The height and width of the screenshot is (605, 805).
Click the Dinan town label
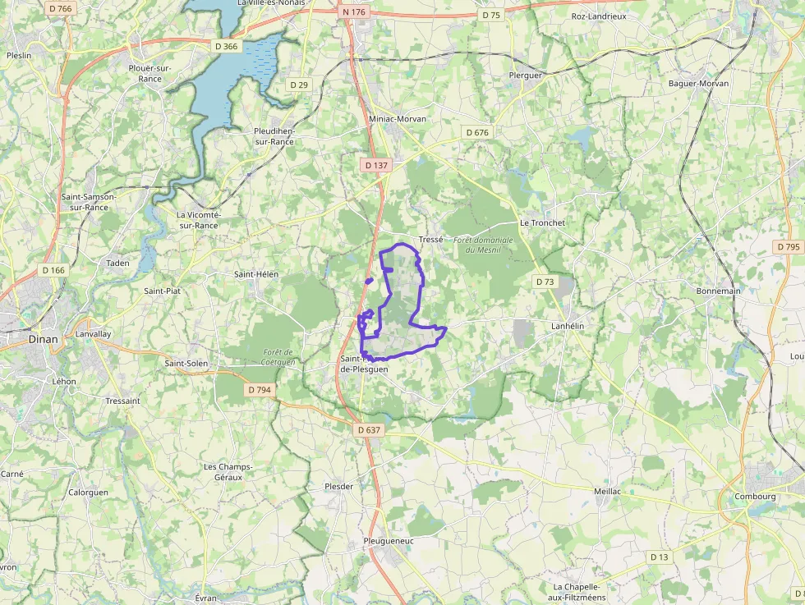pyautogui.click(x=43, y=337)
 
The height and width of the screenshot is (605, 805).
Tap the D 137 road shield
pyautogui.click(x=375, y=165)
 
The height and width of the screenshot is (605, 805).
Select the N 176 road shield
pyautogui.click(x=354, y=11)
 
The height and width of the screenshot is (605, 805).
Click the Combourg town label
pyautogui.click(x=756, y=496)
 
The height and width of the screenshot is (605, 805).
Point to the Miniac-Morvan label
pyautogui.click(x=398, y=119)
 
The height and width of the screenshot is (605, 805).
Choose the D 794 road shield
pyautogui.click(x=260, y=390)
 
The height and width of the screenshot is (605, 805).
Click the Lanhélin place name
pyautogui.click(x=567, y=327)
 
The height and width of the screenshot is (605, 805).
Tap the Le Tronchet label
pyautogui.click(x=542, y=223)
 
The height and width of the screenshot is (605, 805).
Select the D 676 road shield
pyautogui.click(x=476, y=132)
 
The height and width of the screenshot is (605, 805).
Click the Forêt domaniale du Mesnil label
pyautogui.click(x=483, y=245)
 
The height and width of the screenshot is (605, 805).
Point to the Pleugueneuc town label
pyautogui.click(x=389, y=541)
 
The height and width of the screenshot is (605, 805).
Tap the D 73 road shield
pyautogui.click(x=545, y=282)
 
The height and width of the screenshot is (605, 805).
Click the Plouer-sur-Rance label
pyautogui.click(x=150, y=73)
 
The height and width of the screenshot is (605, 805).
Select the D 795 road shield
pyautogui.click(x=787, y=247)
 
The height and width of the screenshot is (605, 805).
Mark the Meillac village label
pyautogui.click(x=607, y=491)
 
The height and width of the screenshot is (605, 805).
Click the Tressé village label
pyautogui.click(x=430, y=240)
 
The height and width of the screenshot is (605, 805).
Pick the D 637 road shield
pyautogui.click(x=370, y=429)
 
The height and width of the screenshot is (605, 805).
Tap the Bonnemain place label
pyautogui.click(x=718, y=291)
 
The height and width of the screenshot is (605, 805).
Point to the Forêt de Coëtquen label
pyautogui.click(x=278, y=356)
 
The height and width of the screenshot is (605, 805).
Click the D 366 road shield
pyautogui.click(x=226, y=46)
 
